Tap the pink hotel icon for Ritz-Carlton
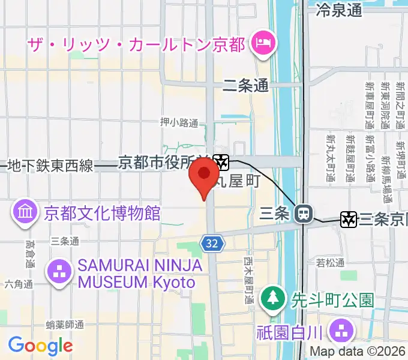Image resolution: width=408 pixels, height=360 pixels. pos(263,44)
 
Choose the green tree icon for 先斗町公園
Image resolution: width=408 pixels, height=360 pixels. pos(272,298)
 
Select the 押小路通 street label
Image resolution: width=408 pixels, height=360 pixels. pos(179,122)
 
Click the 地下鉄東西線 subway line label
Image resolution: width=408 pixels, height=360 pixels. pos(51,166)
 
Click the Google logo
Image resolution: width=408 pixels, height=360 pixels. pos(40,346)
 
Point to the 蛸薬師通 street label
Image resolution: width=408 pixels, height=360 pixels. pos(65,325)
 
